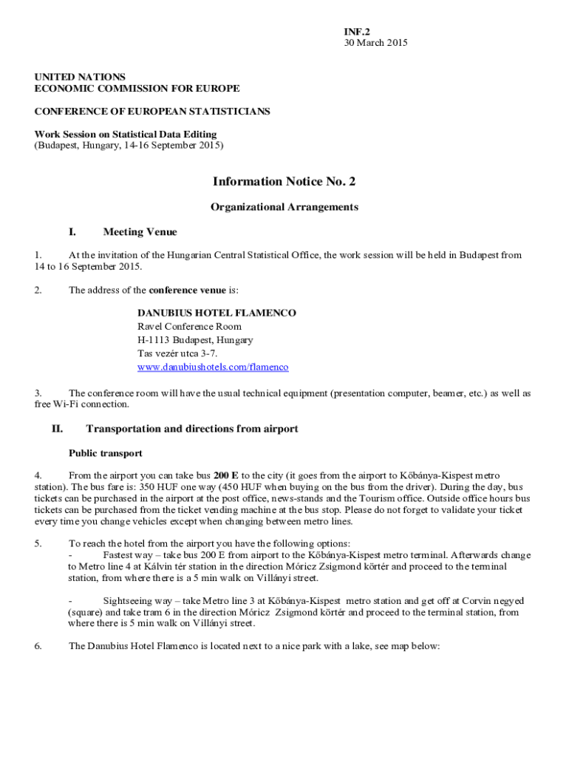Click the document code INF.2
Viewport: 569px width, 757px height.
[x=356, y=32]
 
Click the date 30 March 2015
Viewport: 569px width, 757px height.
[x=375, y=43]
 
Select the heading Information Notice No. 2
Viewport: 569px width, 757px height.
[x=284, y=182]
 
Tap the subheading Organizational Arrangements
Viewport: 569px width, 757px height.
[x=284, y=207]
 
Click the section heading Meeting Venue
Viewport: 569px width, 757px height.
[x=140, y=232]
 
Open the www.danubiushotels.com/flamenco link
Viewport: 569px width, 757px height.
[x=213, y=367]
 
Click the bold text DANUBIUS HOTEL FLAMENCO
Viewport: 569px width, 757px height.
[x=217, y=313]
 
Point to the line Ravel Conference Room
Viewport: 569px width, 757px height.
[x=189, y=327]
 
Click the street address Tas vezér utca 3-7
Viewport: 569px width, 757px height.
[x=177, y=354]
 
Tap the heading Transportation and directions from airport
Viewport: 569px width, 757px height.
[x=192, y=429]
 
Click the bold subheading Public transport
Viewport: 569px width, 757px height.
[x=106, y=453]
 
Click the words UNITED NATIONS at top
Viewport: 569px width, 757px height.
[x=80, y=77]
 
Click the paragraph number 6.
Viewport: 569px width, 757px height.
[x=37, y=646]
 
